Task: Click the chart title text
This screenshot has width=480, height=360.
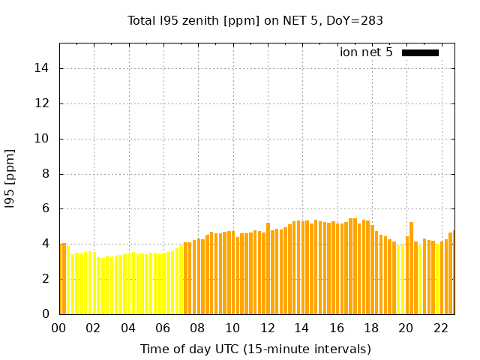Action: (x=255, y=21)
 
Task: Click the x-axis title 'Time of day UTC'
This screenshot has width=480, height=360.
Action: (x=255, y=349)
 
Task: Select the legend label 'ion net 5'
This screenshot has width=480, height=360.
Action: (x=366, y=52)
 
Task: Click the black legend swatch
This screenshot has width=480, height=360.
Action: (x=420, y=52)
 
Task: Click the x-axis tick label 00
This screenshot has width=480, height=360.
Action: (x=59, y=328)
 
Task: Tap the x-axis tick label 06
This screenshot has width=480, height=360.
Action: (x=163, y=328)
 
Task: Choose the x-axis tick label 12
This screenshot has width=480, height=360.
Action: (x=267, y=328)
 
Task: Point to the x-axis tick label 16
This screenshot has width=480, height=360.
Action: (x=337, y=328)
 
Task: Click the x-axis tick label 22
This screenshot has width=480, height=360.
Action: (x=440, y=328)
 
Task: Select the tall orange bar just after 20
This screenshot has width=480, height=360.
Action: (x=411, y=267)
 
